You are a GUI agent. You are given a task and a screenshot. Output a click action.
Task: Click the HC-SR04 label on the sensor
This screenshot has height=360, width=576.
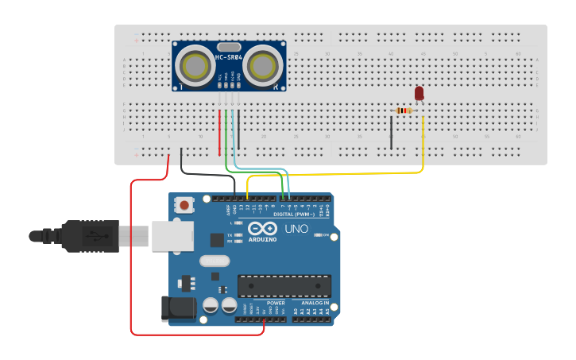point(229,57)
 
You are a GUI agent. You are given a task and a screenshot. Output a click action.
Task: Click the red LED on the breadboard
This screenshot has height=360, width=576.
point(419,94)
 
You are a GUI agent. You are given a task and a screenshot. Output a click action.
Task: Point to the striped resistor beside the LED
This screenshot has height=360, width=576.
point(404,110)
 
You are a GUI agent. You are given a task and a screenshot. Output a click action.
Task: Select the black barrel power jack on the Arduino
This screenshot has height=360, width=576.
point(178,308)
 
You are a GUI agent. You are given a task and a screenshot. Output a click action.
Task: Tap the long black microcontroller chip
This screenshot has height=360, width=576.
point(284,286)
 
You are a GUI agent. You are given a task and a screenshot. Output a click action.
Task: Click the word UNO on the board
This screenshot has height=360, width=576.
point(296,230)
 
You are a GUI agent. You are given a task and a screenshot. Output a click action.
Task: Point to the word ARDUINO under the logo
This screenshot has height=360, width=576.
point(262,239)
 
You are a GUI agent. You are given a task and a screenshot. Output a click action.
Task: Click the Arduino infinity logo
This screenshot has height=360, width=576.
point(262,229)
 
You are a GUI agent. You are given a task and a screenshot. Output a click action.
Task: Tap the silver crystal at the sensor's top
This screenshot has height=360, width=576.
point(228,47)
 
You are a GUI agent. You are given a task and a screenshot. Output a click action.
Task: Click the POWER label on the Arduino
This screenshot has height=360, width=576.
point(275,303)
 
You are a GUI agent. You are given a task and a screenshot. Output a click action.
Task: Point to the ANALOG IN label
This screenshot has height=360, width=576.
point(315,303)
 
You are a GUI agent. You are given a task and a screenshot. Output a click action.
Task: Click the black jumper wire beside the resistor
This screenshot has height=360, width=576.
point(391,132)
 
